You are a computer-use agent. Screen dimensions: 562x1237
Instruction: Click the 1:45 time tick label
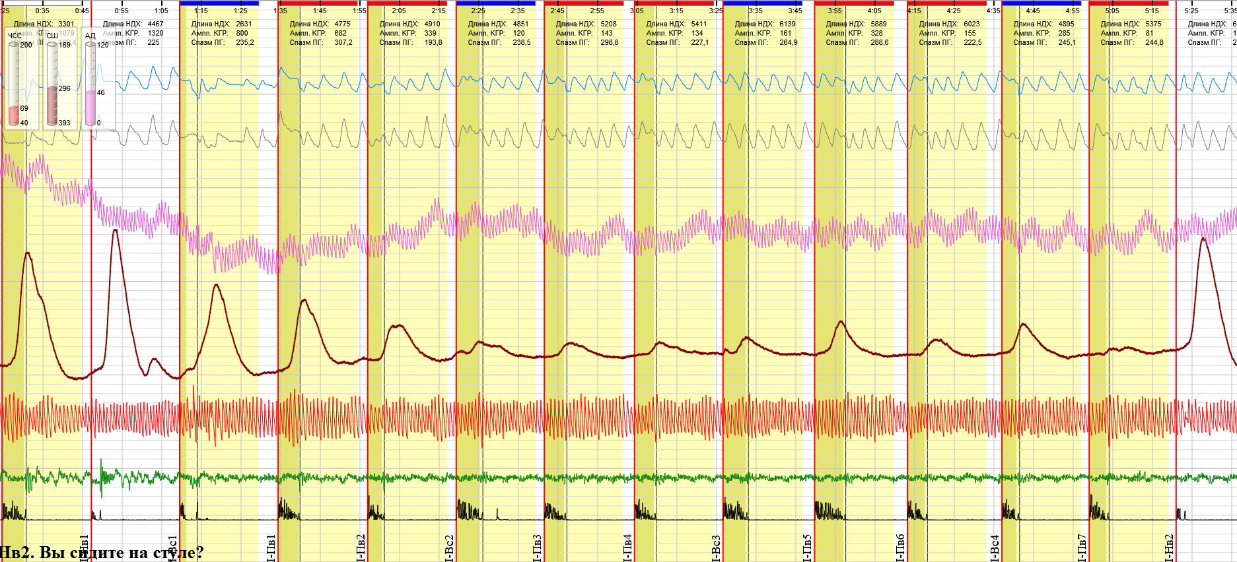[x=320, y=11]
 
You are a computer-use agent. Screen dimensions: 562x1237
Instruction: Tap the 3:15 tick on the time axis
[x=676, y=11]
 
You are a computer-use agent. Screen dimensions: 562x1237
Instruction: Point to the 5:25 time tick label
[x=1191, y=11]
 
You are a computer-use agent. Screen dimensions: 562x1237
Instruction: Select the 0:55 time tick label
[x=122, y=11]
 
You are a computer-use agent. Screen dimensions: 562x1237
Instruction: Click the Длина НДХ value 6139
[x=788, y=24]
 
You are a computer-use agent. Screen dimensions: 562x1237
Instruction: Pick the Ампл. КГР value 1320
[x=155, y=33]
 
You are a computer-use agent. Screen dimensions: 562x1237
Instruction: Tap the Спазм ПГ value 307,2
[x=343, y=42]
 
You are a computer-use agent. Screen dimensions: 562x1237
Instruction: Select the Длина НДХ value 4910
[x=432, y=24]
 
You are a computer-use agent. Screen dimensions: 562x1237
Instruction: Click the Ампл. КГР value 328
[x=876, y=33]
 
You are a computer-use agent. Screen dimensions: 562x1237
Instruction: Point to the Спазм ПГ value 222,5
[x=972, y=42]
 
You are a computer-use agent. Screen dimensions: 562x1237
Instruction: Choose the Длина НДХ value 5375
[x=1153, y=24]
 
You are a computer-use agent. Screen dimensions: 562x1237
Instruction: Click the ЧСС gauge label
[x=15, y=36]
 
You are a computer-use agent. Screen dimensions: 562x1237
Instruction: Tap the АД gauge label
[x=90, y=36]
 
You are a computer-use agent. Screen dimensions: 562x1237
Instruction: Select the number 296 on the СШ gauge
[x=64, y=88]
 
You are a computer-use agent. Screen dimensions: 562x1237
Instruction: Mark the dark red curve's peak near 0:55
[x=116, y=230]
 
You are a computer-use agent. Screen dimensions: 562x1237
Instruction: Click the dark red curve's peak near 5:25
[x=1203, y=238]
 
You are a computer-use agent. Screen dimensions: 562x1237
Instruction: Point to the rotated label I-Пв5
[x=807, y=547]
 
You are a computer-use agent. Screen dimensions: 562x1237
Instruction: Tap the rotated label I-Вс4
[x=995, y=547]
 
